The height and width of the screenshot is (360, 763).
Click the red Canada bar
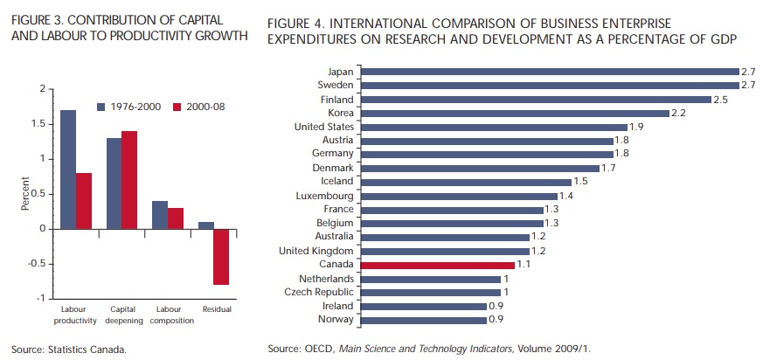click(x=438, y=264)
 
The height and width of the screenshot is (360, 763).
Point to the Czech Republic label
click(x=320, y=292)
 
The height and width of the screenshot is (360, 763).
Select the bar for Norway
click(x=423, y=319)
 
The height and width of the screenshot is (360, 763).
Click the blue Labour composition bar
click(x=161, y=215)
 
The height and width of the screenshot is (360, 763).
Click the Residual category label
click(x=217, y=310)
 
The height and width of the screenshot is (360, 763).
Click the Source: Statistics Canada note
click(x=69, y=349)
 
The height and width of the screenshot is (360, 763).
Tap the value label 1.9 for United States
click(x=638, y=128)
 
